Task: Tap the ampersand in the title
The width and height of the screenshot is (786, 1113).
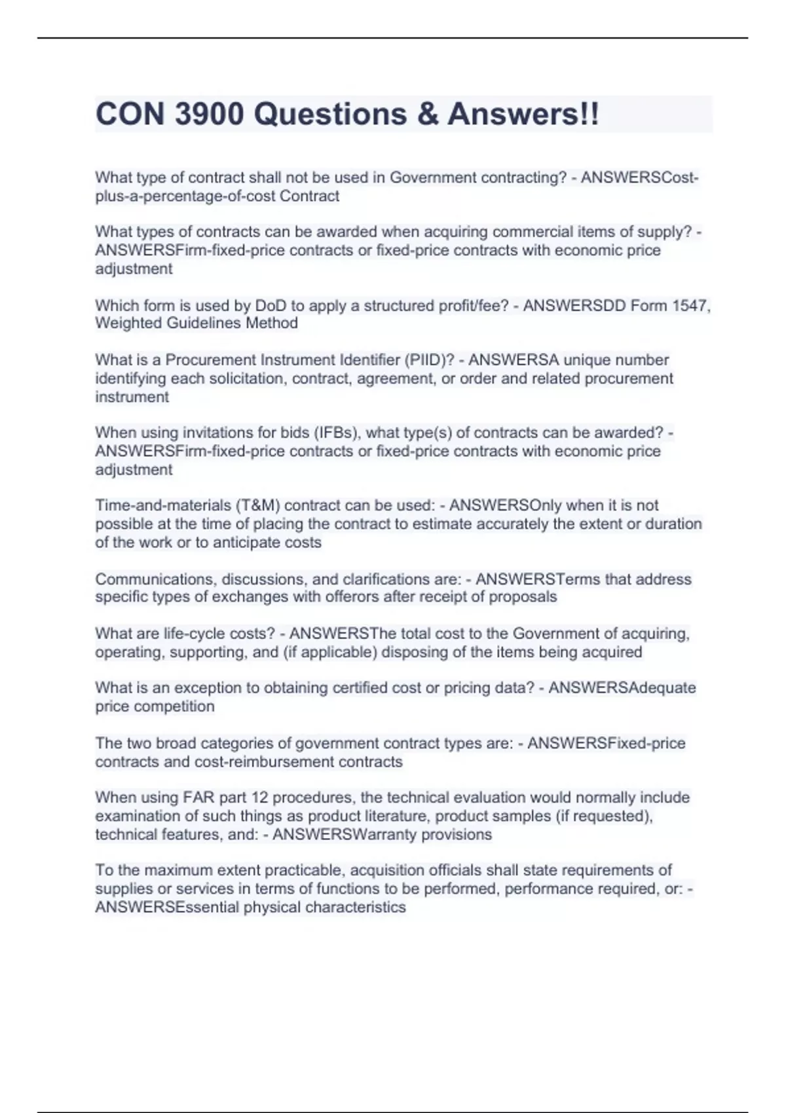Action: pos(426,114)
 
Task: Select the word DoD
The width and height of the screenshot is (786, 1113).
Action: pos(270,306)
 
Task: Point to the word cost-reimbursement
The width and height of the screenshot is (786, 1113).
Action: pos(267,762)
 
